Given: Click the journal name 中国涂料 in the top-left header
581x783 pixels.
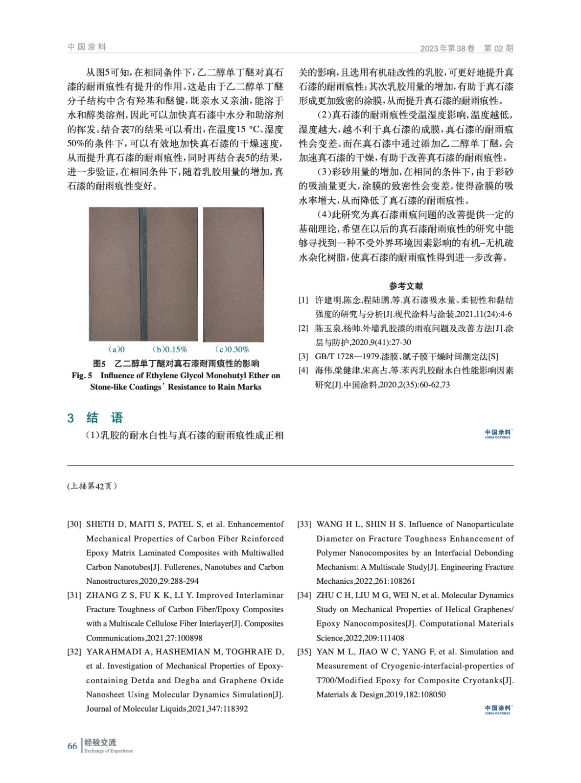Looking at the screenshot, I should (x=87, y=47).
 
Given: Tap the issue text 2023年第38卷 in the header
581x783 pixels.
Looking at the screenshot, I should (x=447, y=48).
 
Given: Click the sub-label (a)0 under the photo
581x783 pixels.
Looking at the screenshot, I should (x=116, y=349).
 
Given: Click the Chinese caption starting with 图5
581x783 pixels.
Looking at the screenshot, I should (x=176, y=364).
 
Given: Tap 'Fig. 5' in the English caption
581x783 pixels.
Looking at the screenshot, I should (x=82, y=376).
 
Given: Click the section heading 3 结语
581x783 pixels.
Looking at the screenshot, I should (x=95, y=417).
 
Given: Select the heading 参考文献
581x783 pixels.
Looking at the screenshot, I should (x=406, y=286).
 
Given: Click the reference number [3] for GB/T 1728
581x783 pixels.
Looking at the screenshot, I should (x=303, y=357).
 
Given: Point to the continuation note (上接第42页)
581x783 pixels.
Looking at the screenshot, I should (x=92, y=486).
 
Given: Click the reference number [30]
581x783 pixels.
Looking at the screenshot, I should (x=74, y=524).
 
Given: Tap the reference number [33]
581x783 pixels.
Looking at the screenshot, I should (x=304, y=524).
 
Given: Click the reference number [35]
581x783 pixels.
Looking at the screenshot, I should (x=304, y=652).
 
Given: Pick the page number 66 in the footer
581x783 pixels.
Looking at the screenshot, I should (x=72, y=746).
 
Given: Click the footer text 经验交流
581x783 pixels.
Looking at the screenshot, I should (x=100, y=742).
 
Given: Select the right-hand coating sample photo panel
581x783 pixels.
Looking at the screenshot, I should (x=233, y=274).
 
